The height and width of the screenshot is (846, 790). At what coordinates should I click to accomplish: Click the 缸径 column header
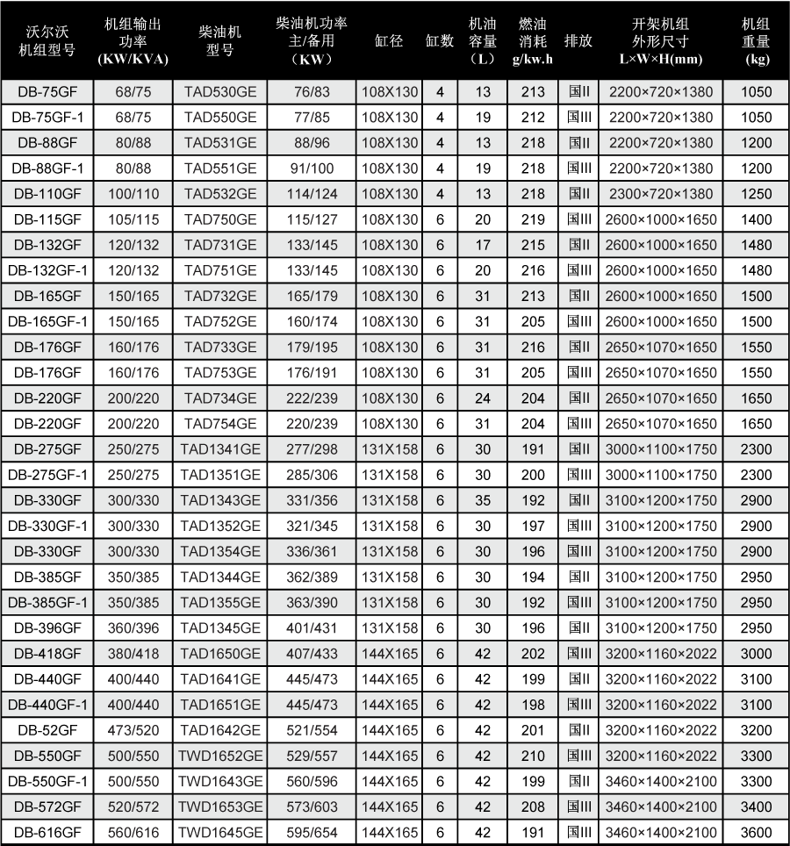point(388,41)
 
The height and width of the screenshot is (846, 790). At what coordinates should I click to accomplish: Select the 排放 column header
point(577,41)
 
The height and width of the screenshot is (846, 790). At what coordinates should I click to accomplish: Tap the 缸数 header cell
point(440,41)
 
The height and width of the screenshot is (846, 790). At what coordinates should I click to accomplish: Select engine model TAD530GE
point(219,91)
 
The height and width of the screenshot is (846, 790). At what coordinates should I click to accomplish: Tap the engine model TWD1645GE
point(219,833)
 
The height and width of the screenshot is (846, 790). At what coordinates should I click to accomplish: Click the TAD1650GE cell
point(219,654)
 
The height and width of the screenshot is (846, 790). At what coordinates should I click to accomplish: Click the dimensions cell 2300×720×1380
point(661,194)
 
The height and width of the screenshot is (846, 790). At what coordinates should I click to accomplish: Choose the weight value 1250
point(756,194)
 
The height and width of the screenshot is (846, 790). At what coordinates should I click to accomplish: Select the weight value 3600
point(756,833)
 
